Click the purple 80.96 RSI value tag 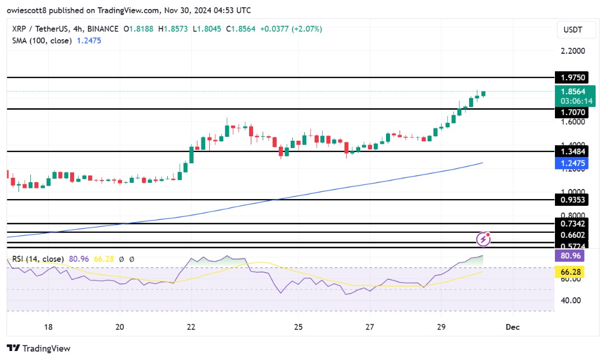[x=570, y=256]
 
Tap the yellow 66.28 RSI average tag [x=570, y=271]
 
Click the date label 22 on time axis [x=191, y=326]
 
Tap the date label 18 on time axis [x=48, y=326]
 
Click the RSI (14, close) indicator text [x=36, y=259]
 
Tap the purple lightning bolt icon [x=484, y=239]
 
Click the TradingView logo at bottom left [x=39, y=348]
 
